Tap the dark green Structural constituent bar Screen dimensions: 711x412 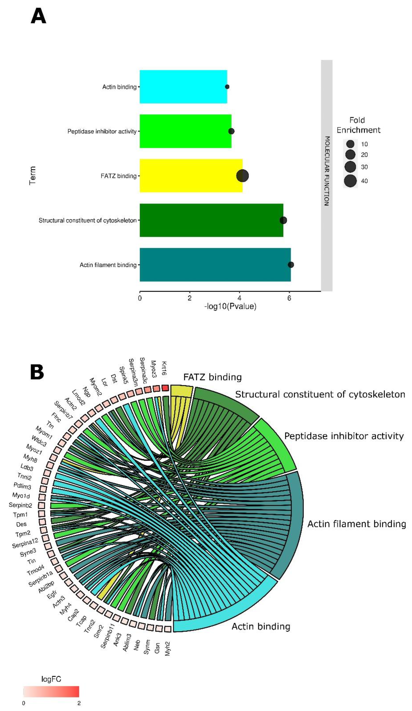coord(211,220)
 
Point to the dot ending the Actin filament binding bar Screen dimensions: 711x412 coord(291,265)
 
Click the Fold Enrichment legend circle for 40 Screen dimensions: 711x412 coord(350,181)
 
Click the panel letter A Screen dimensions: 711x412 coord(38,16)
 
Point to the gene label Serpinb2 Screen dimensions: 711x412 coord(20,505)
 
